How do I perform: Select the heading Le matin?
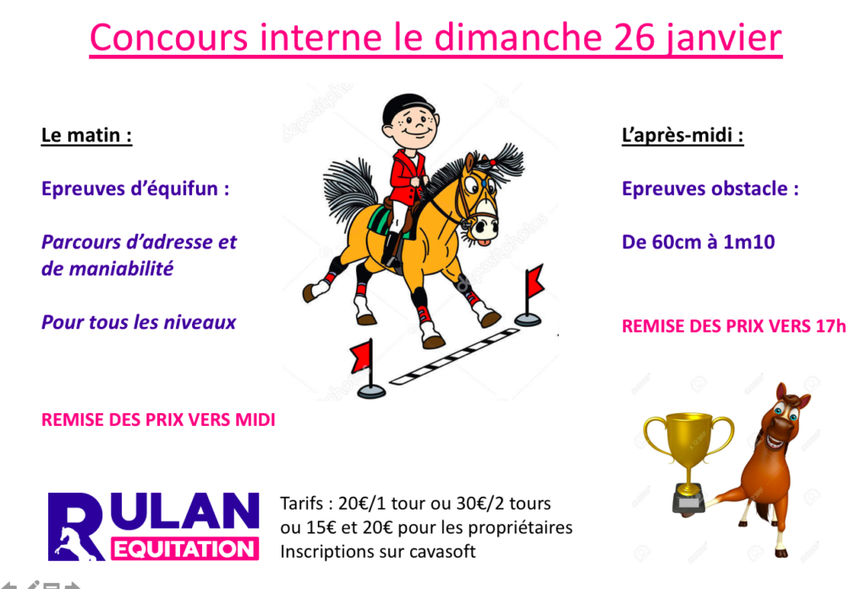click(x=87, y=135)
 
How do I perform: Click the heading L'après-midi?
click(x=682, y=135)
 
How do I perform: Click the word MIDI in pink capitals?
click(x=255, y=420)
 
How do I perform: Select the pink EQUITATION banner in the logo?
click(x=185, y=549)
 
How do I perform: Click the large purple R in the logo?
click(x=75, y=526)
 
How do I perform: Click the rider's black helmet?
click(x=408, y=109)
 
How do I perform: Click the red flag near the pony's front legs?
click(x=534, y=281)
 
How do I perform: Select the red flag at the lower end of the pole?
click(x=362, y=356)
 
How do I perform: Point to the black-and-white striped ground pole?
click(x=454, y=356)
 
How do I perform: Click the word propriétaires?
click(x=520, y=528)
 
